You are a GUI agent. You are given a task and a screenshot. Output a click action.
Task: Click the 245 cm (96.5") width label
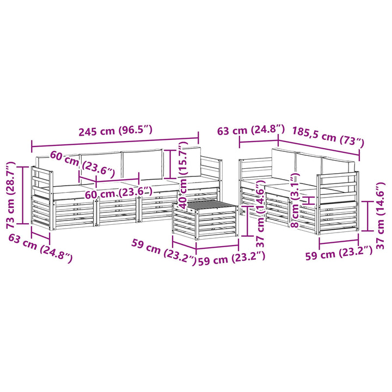click(115, 131)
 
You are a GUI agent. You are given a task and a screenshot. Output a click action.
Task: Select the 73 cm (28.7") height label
click(11, 195)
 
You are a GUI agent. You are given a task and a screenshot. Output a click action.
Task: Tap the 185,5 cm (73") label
click(328, 137)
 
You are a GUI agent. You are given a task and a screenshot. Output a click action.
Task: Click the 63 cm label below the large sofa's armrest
click(40, 248)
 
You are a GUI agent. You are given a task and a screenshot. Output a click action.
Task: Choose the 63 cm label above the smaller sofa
click(251, 130)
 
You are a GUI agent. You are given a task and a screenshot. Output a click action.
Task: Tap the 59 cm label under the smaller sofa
click(339, 254)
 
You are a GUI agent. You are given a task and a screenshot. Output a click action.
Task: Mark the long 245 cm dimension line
click(115, 142)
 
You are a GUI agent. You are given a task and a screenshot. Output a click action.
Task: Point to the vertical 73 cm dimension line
click(23, 195)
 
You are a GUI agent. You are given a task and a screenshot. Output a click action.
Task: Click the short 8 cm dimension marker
click(309, 200)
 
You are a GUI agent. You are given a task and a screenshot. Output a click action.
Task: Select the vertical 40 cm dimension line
click(170, 163)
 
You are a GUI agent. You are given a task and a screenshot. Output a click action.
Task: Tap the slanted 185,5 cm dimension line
click(318, 148)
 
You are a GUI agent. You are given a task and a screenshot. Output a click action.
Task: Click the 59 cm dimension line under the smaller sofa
click(339, 242)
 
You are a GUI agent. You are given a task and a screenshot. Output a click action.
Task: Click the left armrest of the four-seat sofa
click(41, 198)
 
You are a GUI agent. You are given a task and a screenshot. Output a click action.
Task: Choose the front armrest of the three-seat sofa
click(338, 203)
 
